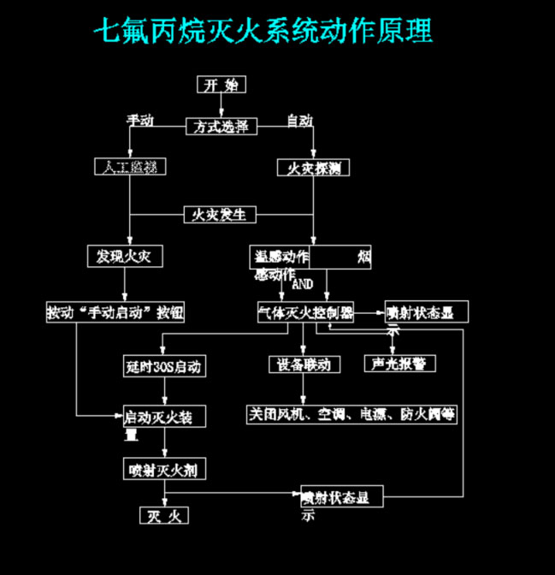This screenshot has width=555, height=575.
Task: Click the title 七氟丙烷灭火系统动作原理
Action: pyautogui.click(x=263, y=32)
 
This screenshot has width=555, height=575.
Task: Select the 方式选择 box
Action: pyautogui.click(x=221, y=127)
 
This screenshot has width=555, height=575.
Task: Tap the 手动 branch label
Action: pyautogui.click(x=140, y=121)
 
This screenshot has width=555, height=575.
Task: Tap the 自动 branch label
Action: pyautogui.click(x=299, y=121)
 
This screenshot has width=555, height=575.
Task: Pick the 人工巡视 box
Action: pyautogui.click(x=130, y=166)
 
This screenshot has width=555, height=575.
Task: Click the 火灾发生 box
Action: pyautogui.click(x=221, y=214)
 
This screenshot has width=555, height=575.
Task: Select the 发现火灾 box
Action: pyautogui.click(x=124, y=256)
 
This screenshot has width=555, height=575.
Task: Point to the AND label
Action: pyautogui.click(x=304, y=283)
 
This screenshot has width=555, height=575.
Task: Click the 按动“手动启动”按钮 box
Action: pyautogui.click(x=115, y=312)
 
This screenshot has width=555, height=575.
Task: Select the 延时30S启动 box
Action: pyautogui.click(x=162, y=367)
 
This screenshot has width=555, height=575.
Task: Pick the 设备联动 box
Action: pyautogui.click(x=304, y=365)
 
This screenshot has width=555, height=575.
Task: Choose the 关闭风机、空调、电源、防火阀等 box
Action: pyautogui.click(x=352, y=415)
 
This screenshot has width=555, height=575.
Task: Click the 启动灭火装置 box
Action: pyautogui.click(x=162, y=417)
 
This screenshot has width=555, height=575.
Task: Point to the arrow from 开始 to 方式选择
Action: pyautogui.click(x=222, y=105)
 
